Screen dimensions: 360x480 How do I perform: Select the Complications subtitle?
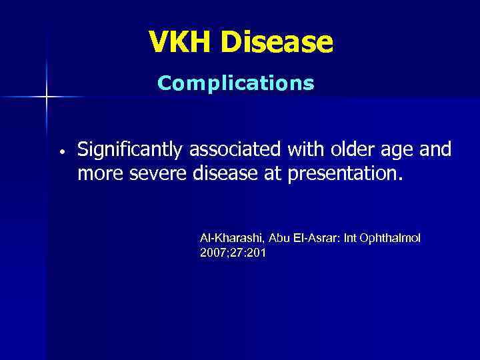click(235, 83)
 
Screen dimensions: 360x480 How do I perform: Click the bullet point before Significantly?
click(61, 152)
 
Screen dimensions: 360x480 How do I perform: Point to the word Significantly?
click(132, 150)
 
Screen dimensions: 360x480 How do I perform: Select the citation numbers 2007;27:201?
click(233, 253)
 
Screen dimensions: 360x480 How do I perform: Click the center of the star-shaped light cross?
click(46, 97)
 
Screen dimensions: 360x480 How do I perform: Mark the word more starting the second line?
click(98, 174)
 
